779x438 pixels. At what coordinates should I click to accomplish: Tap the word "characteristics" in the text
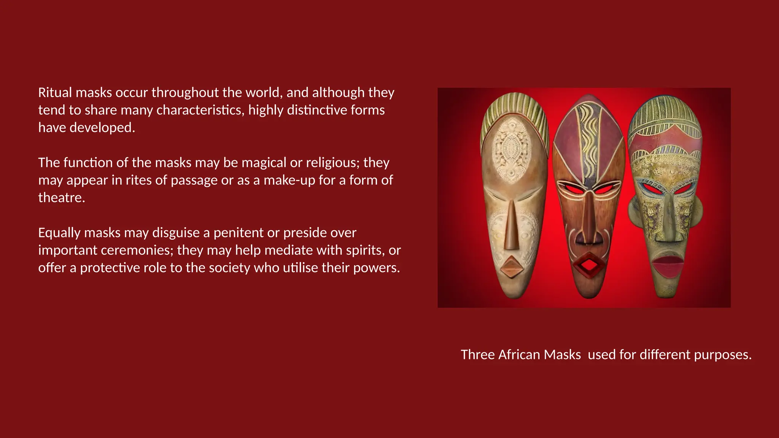(200, 110)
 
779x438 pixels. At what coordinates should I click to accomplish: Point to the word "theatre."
(62, 197)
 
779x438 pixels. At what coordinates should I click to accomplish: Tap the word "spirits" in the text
(365, 250)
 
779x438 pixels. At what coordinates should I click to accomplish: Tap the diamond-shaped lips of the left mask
(512, 266)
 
